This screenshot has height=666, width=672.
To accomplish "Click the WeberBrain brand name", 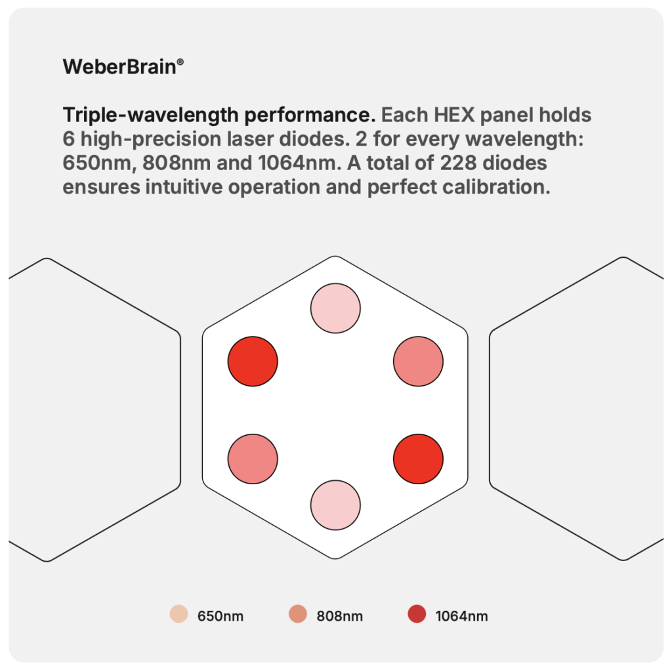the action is [119, 67].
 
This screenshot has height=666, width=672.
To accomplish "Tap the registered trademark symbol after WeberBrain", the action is [180, 62].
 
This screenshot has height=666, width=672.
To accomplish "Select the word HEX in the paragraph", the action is [452, 115].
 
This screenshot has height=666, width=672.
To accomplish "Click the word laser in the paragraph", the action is [250, 139].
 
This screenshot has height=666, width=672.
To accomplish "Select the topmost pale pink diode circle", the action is [335, 308].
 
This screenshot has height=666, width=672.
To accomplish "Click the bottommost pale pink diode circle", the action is [335, 505].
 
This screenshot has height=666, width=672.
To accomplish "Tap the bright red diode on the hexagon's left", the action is [253, 362].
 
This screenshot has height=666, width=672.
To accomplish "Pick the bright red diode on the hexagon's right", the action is [418, 459].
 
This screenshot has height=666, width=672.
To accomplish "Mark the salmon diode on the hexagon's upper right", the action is [418, 362].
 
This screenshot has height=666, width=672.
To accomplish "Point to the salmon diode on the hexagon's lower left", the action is [253, 459].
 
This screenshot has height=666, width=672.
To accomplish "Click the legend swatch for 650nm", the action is [178, 614].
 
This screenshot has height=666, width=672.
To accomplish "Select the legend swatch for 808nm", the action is [298, 614].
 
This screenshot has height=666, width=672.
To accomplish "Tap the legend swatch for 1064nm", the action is [417, 614].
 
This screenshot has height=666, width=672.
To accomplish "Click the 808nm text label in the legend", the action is [340, 616].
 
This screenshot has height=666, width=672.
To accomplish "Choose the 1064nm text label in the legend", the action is [461, 616].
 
